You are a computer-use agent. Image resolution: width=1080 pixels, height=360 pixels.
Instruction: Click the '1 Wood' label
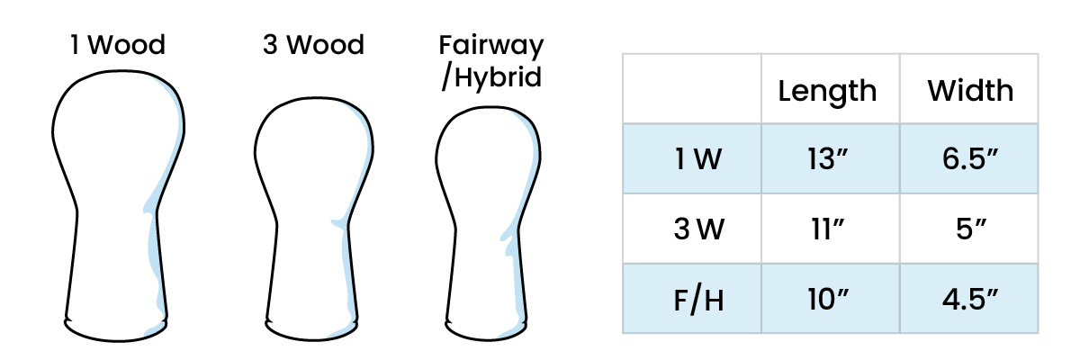(119, 45)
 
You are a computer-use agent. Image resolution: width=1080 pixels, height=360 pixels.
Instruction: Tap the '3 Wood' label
(313, 45)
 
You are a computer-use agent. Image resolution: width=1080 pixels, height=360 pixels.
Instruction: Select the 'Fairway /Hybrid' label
(491, 60)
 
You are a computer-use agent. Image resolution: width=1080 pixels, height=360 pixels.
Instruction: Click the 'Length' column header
(827, 90)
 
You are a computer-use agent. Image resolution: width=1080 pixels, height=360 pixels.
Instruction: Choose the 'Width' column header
(969, 90)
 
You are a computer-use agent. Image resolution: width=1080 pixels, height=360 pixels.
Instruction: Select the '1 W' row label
(692, 159)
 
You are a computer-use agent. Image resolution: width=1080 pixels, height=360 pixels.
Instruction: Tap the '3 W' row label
(692, 229)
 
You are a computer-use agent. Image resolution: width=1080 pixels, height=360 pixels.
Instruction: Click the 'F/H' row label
(692, 298)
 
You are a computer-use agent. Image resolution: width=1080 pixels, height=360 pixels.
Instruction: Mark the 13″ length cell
(827, 159)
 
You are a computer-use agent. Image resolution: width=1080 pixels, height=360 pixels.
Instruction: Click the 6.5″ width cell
(969, 159)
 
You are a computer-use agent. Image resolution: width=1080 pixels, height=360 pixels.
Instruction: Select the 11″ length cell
(827, 229)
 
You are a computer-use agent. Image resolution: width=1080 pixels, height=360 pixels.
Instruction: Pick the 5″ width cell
(969, 229)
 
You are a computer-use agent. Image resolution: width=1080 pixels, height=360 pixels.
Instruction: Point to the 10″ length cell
(827, 298)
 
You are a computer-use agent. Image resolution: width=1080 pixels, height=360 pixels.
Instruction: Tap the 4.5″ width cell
(969, 298)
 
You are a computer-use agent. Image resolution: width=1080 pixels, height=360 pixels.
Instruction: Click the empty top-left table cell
(692, 88)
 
